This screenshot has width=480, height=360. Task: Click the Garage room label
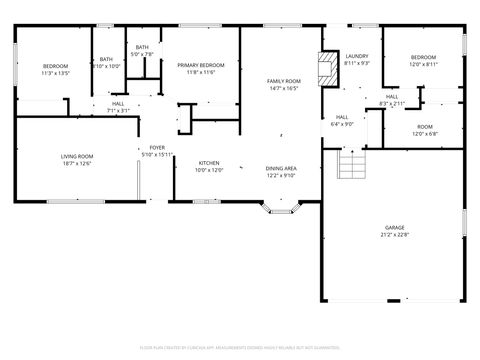pos(394,232)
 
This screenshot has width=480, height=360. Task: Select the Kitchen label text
pos(209,166)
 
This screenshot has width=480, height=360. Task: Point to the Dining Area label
pos(280,171)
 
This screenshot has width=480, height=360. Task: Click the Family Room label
pos(283,84)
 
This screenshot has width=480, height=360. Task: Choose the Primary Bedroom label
pos(201,68)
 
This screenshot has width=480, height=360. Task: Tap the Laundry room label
pos(357,59)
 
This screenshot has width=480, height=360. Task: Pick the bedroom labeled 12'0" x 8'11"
pos(423,60)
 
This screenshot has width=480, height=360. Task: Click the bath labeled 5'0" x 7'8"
pos(143,51)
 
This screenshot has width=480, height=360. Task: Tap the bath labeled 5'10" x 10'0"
pos(106,63)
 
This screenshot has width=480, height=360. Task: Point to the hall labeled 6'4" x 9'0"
pos(342,120)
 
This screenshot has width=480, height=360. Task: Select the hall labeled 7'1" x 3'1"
pos(118,107)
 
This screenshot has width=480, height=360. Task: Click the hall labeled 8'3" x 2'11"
pos(392,100)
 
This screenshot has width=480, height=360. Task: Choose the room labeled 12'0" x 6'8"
pos(424,130)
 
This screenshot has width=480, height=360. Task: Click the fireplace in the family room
pos(325,68)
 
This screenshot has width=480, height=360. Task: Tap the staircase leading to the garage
pos(352,163)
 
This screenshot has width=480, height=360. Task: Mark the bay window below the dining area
pos(279,208)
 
